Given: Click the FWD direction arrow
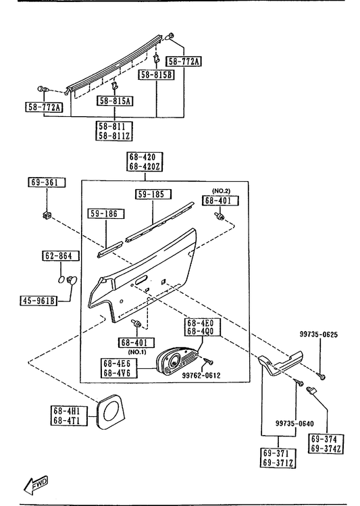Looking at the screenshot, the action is tap(36, 484).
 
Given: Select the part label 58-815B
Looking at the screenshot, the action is tap(157, 75).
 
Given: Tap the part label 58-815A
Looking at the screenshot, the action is tap(115, 101).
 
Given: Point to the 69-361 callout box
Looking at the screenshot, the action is tap(47, 182).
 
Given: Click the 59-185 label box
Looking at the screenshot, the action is tap(153, 195).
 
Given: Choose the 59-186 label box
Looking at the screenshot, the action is tap(106, 213).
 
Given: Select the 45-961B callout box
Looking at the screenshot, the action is tap(38, 301).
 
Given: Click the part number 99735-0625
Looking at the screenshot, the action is tap(319, 334).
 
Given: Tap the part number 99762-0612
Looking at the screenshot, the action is tap(201, 376).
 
